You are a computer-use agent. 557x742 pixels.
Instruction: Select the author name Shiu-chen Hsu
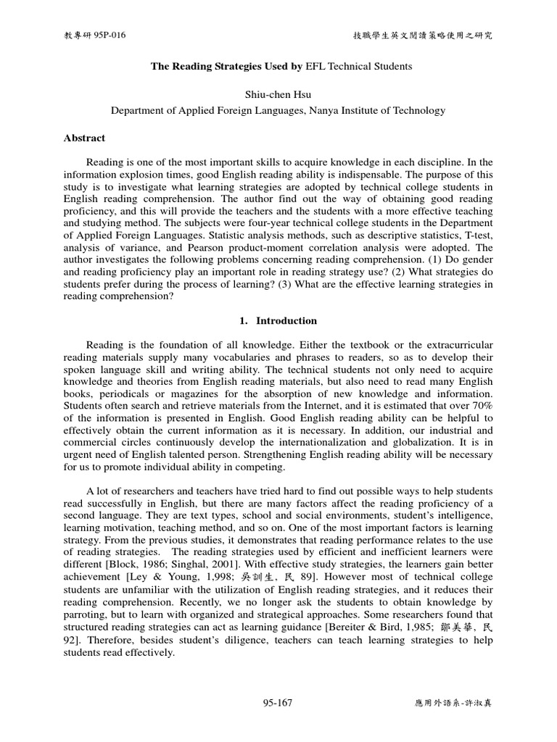point(278,96)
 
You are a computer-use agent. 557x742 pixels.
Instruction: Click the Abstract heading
point(84,138)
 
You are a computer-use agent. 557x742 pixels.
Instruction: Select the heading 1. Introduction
point(278,320)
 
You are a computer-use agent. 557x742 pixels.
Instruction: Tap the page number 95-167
point(278,703)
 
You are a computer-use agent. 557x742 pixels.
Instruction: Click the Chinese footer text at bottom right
point(451,704)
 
